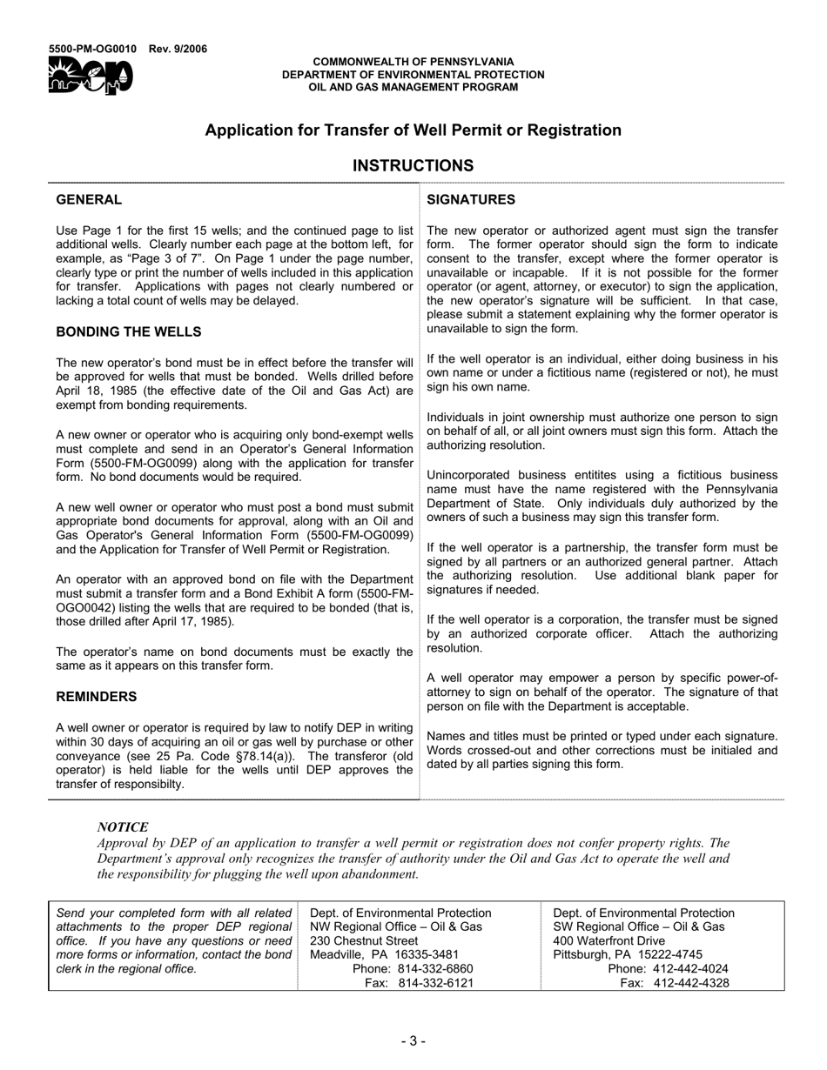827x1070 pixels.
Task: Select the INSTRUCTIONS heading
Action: coord(413,165)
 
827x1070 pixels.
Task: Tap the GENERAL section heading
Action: coord(89,200)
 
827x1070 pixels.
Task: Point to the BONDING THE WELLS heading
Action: coord(129,331)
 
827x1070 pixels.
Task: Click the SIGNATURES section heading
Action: coord(471,200)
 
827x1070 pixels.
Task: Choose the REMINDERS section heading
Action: coord(97,697)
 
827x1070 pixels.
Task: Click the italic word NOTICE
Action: coord(123,827)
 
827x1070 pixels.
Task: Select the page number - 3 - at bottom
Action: coord(413,1040)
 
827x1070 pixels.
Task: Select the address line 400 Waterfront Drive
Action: coord(609,940)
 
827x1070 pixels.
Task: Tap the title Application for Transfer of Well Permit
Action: coord(413,130)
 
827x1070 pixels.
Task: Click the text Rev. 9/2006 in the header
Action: coord(178,49)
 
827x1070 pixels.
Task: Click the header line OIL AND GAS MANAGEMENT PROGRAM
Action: coord(413,87)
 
